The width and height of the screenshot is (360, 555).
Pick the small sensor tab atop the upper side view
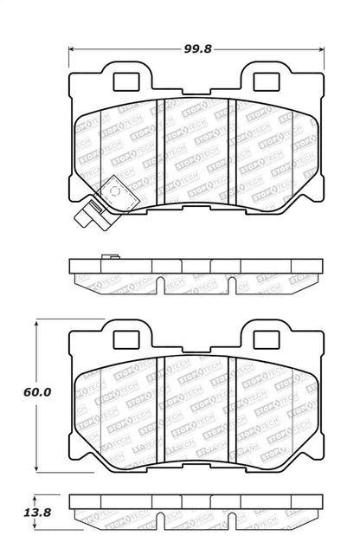click(x=108, y=256)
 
